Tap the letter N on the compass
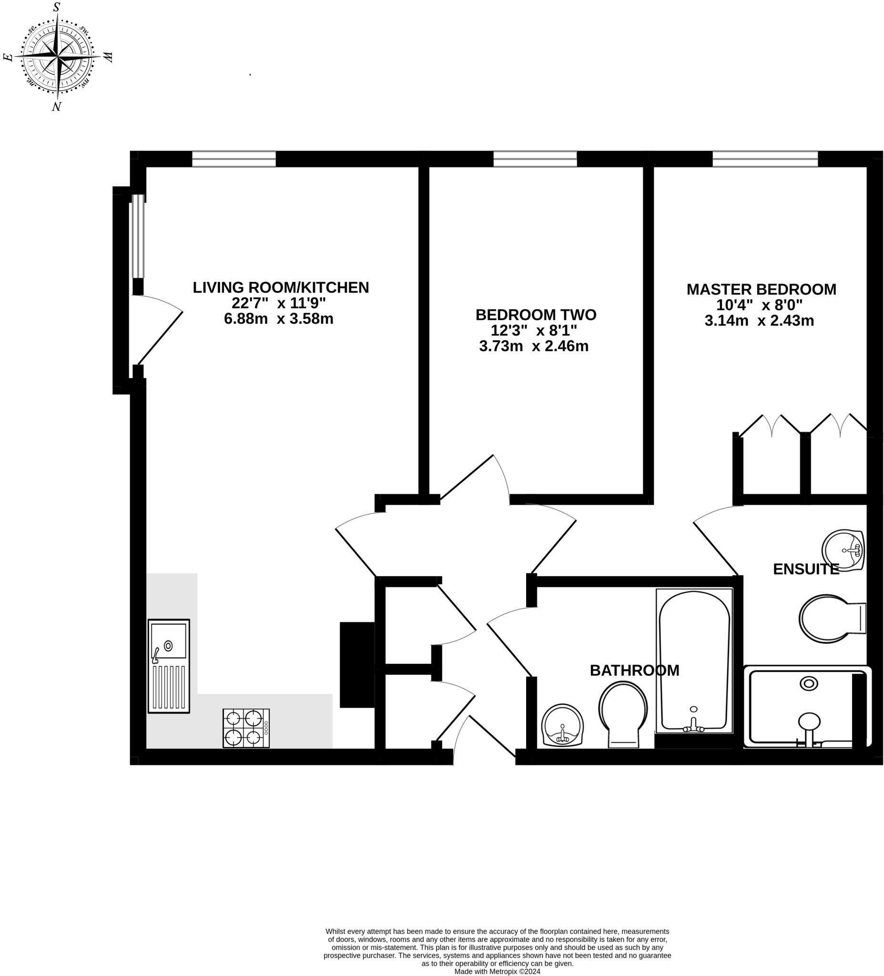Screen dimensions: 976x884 (57, 106)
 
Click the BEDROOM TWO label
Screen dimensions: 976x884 (536, 315)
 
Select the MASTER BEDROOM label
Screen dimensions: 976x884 (761, 289)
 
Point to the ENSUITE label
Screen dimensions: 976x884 (805, 569)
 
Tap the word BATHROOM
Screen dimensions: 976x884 (634, 670)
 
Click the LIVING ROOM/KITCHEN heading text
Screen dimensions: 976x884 (281, 287)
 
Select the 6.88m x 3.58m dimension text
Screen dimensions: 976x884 (278, 318)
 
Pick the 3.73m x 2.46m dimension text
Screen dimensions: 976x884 (534, 346)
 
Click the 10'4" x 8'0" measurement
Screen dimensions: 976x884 (759, 305)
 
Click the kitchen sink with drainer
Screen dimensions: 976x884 (169, 666)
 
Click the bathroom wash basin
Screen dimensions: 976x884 (562, 725)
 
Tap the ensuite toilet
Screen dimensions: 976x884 (829, 619)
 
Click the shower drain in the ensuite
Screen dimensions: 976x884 (809, 683)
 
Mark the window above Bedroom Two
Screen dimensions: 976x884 (535, 159)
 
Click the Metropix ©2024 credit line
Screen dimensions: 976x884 (497, 971)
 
